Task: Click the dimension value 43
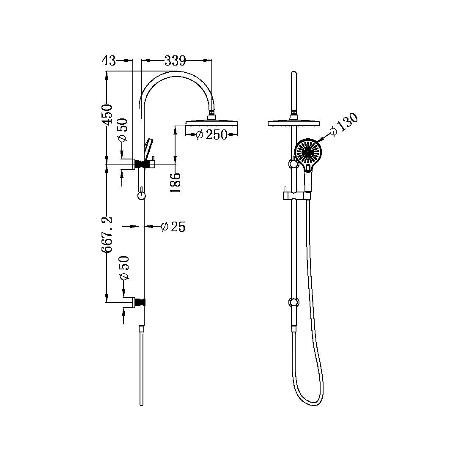109,60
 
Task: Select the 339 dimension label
175,60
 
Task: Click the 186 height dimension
176,183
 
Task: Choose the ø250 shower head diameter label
212,134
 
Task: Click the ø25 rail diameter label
173,227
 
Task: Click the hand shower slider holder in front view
295,195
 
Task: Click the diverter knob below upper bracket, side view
142,195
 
